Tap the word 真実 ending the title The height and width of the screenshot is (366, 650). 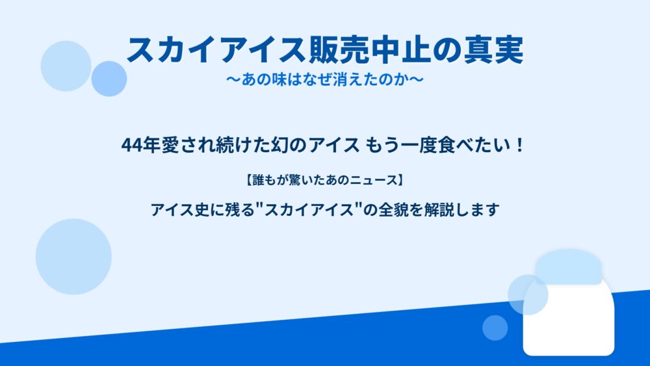[x=493, y=50]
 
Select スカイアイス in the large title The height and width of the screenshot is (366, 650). [x=217, y=50]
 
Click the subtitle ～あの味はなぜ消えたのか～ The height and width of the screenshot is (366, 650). [x=325, y=79]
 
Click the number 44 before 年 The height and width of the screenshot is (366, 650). [x=131, y=146]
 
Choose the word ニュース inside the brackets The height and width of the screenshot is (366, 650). [x=371, y=180]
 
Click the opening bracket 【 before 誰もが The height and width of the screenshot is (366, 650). [x=248, y=180]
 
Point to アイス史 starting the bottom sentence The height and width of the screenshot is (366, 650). [x=180, y=210]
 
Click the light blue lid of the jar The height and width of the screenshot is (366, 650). [x=568, y=267]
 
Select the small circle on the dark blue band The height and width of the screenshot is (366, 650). [x=495, y=328]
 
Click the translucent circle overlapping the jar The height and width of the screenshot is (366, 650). [x=528, y=294]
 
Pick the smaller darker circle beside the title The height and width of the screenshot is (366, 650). [x=109, y=79]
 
